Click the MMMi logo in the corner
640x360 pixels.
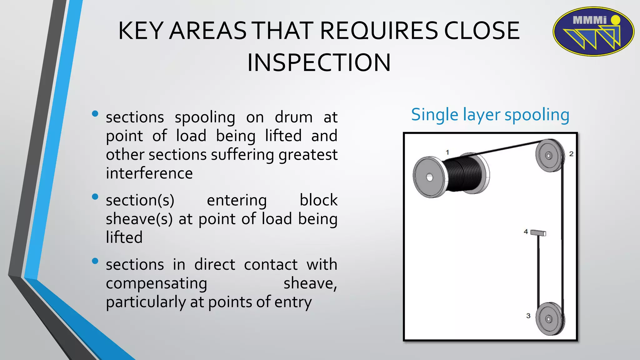[x=593, y=32]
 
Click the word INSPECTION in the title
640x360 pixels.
[x=319, y=63]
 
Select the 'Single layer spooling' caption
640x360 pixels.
[x=490, y=115]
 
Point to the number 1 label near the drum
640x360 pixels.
[x=447, y=152]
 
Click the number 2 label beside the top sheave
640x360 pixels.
[x=571, y=154]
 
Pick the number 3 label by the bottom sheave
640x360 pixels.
[x=528, y=316]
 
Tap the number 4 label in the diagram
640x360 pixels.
[x=526, y=232]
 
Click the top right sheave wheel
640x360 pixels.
[x=549, y=155]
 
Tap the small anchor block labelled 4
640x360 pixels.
[x=538, y=233]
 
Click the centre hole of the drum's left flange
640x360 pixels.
[x=430, y=177]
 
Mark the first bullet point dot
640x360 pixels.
[x=95, y=114]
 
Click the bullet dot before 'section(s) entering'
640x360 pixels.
[x=95, y=197]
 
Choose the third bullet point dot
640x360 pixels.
[x=95, y=261]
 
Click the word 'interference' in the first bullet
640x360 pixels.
[x=149, y=173]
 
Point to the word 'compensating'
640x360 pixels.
[x=156, y=284]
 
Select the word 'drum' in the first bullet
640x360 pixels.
[x=293, y=117]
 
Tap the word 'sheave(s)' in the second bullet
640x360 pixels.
[x=139, y=219]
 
